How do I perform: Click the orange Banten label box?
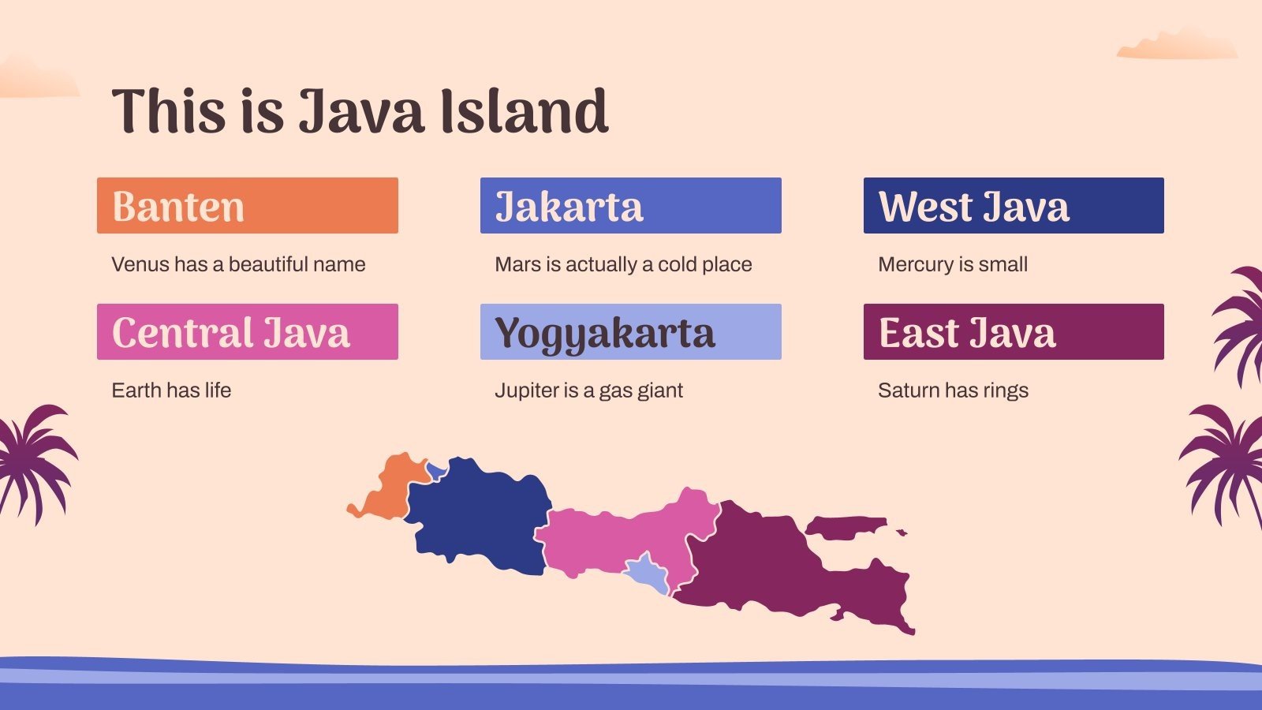click(247, 205)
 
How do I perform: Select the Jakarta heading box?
click(630, 205)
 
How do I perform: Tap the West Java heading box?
click(1014, 205)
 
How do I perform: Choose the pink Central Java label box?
click(247, 331)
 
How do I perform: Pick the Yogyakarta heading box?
click(630, 331)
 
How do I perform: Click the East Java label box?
click(1014, 331)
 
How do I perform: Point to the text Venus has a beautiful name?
click(238, 264)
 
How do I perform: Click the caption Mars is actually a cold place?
click(623, 264)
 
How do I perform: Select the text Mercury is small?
click(953, 264)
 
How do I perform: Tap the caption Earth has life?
click(171, 390)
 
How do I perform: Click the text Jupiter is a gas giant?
click(588, 390)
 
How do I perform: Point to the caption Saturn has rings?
click(953, 390)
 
